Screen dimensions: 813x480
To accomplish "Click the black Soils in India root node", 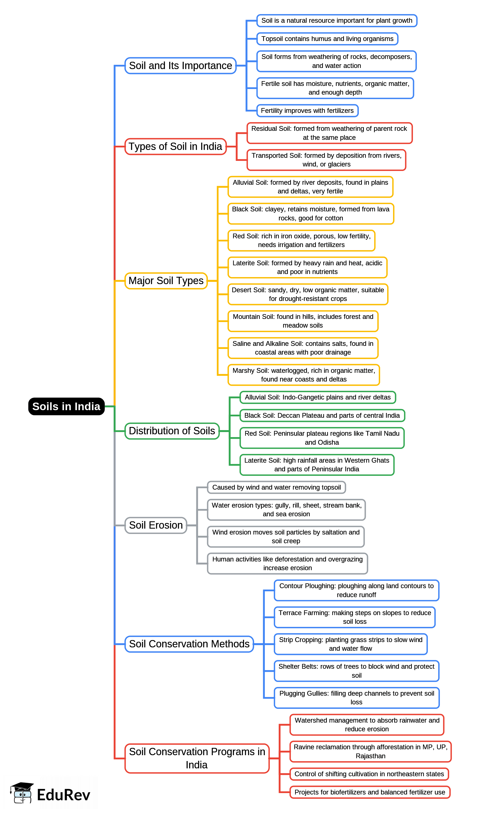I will click(x=66, y=406).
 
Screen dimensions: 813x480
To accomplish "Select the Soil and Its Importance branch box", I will click(x=180, y=66).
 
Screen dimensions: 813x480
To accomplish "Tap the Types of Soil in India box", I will click(x=175, y=147).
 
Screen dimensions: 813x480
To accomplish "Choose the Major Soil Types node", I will click(x=166, y=281).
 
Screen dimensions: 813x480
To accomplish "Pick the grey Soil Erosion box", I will click(x=156, y=525).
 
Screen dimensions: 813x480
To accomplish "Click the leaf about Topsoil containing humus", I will click(x=327, y=39).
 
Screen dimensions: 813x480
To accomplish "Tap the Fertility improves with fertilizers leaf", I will click(x=307, y=111).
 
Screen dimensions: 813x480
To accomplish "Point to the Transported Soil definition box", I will click(x=326, y=160).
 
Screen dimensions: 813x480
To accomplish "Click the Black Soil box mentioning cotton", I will click(x=311, y=214).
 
